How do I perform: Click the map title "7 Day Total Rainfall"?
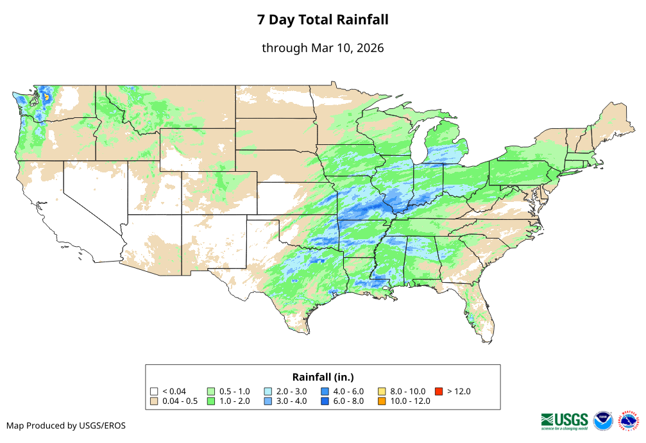[323, 20]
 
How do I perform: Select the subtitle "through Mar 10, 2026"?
[323, 48]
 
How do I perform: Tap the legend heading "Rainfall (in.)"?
[323, 376]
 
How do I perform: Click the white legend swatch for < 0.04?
[154, 391]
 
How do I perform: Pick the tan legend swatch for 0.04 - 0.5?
[154, 401]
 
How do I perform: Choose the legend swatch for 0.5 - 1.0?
[211, 391]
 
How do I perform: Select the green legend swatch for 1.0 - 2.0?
[211, 401]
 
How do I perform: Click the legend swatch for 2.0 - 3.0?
[268, 391]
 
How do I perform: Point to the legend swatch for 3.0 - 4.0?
[268, 401]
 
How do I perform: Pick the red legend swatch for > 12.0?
[439, 391]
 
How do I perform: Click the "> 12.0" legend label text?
[459, 391]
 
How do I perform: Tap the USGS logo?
[565, 420]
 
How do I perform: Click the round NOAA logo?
[603, 420]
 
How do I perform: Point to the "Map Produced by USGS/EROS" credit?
[66, 426]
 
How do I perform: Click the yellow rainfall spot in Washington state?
[46, 97]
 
